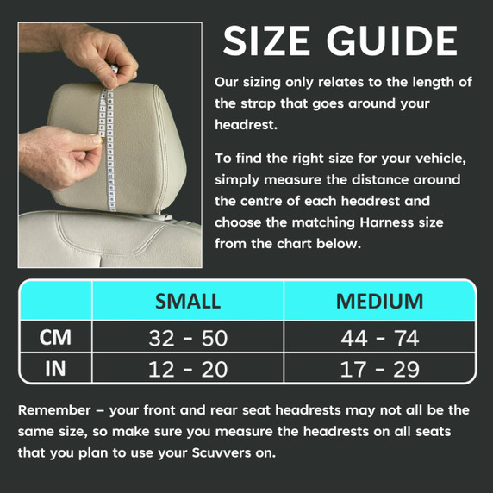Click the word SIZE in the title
pyautogui.click(x=266, y=41)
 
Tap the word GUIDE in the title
pyautogui.click(x=392, y=41)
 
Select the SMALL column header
pyautogui.click(x=188, y=301)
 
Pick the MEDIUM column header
pyautogui.click(x=380, y=301)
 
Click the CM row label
pyautogui.click(x=55, y=337)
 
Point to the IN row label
pyautogui.click(x=55, y=369)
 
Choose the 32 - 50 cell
pyautogui.click(x=188, y=338)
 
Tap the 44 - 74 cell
pyautogui.click(x=380, y=338)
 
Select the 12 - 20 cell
pyautogui.click(x=188, y=369)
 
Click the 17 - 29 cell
pyautogui.click(x=380, y=369)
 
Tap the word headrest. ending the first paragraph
pyautogui.click(x=246, y=125)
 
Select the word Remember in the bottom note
pyautogui.click(x=54, y=410)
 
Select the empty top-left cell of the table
pyautogui.click(x=56, y=301)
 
